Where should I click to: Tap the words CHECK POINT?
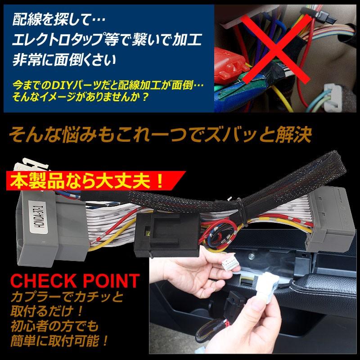click(75, 282)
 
